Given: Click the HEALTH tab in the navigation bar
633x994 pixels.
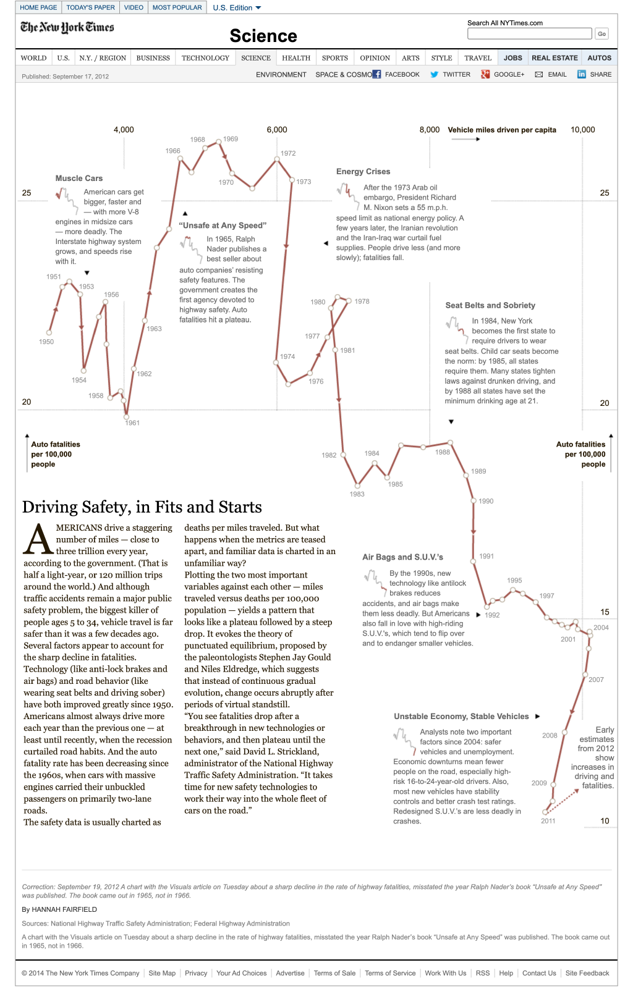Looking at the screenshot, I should (x=296, y=58).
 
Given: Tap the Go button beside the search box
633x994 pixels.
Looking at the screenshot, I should (x=601, y=34).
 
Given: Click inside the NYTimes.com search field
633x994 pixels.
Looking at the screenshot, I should (x=529, y=33).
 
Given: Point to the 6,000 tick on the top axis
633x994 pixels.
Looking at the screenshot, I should (x=277, y=130).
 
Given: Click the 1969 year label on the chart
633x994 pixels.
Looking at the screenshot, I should (x=231, y=139).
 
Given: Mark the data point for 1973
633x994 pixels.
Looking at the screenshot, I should (x=292, y=180).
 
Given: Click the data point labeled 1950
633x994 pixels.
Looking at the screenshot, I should (x=49, y=332).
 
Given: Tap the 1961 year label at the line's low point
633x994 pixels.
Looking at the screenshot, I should (x=132, y=423).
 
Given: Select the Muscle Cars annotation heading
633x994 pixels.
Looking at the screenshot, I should (x=79, y=179).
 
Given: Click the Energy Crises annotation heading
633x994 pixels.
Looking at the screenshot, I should (x=363, y=172).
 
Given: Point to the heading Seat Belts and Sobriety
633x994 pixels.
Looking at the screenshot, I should (x=490, y=305).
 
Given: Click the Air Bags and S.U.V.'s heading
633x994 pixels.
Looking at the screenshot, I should (x=402, y=557).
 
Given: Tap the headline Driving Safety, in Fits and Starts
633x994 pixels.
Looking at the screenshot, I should (x=142, y=507).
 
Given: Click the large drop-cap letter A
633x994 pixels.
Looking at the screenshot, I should (x=38, y=539).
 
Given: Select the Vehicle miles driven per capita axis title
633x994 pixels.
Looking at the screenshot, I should (x=502, y=130).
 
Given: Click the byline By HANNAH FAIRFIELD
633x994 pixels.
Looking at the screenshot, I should (x=59, y=909).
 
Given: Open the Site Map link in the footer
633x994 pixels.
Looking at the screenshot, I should (x=162, y=973).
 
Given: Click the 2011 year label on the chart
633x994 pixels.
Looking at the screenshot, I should (x=548, y=821).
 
